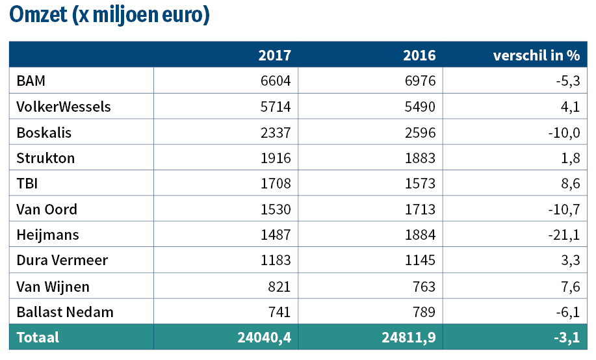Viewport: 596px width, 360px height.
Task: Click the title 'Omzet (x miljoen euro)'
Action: tap(109, 15)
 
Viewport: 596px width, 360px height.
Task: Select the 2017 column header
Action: tap(275, 55)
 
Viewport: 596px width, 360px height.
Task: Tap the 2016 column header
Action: tap(419, 55)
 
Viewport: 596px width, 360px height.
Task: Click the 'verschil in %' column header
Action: tap(536, 55)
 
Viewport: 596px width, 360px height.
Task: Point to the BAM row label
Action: tap(31, 81)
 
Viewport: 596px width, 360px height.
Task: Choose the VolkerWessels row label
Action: tap(64, 107)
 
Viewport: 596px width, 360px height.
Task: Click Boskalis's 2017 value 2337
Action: tap(276, 133)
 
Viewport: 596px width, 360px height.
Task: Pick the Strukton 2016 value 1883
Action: tap(420, 158)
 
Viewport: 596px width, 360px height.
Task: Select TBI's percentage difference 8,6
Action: tap(571, 184)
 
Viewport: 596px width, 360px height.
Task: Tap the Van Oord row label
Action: tap(47, 209)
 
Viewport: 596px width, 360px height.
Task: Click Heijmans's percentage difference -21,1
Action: tap(564, 235)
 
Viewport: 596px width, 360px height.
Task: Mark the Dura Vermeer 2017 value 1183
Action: tap(276, 261)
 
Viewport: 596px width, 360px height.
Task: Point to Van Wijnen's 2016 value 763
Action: tap(424, 287)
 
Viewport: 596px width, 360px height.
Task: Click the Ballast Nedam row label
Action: tap(65, 312)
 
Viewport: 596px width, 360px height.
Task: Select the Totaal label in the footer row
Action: tap(38, 337)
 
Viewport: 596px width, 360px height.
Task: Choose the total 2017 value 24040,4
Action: tap(264, 337)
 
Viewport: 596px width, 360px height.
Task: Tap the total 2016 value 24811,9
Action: tap(409, 337)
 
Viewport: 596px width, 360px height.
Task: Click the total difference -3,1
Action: tap(567, 337)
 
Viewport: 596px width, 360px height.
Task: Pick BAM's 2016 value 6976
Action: tap(420, 81)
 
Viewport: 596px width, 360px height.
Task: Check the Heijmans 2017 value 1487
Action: tap(276, 235)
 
